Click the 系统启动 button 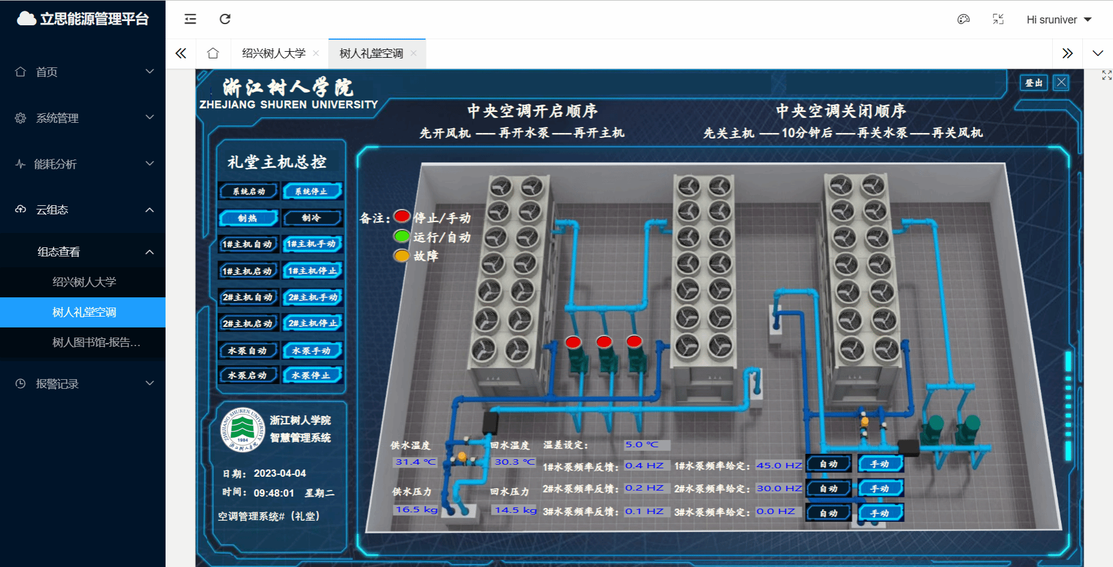(249, 191)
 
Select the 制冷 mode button (312, 218)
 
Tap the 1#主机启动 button (248, 271)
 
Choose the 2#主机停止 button (313, 323)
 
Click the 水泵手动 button (312, 350)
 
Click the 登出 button (1033, 82)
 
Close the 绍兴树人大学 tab (316, 54)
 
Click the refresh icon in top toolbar (225, 19)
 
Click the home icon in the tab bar (213, 54)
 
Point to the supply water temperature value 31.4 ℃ (416, 462)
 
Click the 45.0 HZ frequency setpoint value (779, 465)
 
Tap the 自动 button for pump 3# (829, 513)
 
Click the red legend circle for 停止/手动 (402, 217)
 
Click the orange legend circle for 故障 (402, 256)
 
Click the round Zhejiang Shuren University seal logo (243, 429)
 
